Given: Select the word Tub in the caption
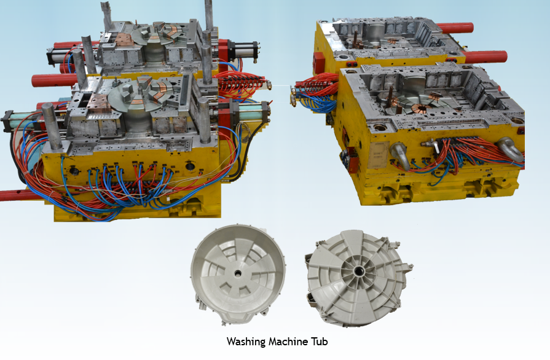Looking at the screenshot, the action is (x=319, y=342).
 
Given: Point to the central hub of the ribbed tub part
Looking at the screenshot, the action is (x=358, y=270).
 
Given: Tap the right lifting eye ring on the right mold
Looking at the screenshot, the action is (x=511, y=149).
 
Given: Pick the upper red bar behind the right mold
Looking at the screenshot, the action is (x=455, y=28).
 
